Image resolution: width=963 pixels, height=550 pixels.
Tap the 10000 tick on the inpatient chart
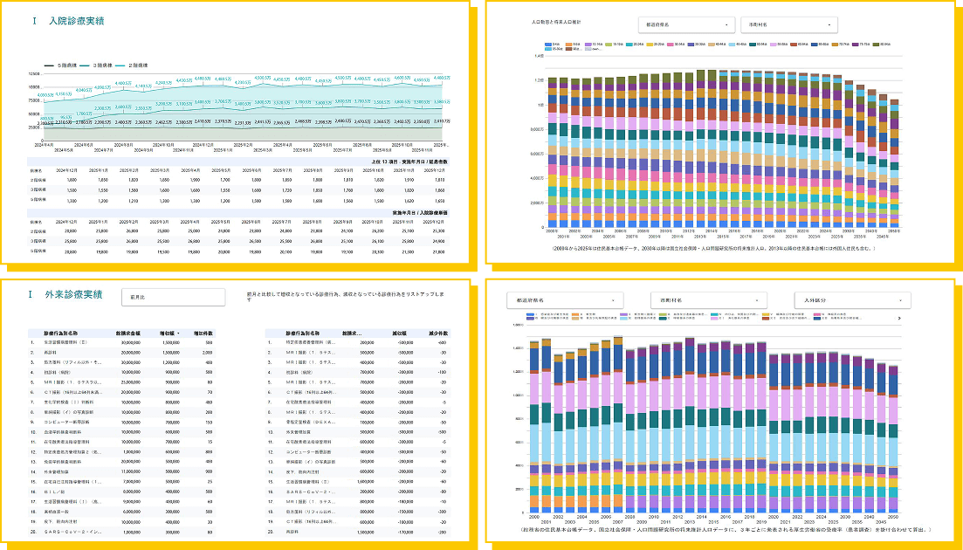pos(35,87)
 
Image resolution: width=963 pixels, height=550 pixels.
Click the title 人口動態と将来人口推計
pos(556,21)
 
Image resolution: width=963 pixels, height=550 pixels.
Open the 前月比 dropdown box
pos(173,297)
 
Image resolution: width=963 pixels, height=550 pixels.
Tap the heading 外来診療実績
pos(73,294)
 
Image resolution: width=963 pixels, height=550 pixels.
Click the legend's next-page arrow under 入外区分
pos(899,319)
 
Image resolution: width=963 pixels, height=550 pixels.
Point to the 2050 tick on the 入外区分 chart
pos(893,516)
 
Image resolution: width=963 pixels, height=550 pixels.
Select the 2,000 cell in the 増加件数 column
pos(208,352)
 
